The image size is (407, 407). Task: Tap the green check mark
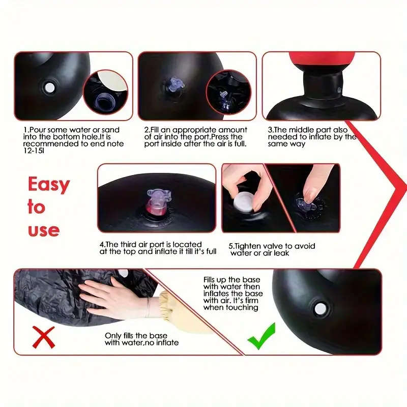coord(261,336)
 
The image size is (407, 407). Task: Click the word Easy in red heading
coord(48,184)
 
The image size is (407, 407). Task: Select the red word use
coord(44,229)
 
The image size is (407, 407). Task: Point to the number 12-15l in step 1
coord(35,151)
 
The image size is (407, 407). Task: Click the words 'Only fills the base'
coord(133,336)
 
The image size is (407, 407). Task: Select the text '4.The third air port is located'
coord(151,245)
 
